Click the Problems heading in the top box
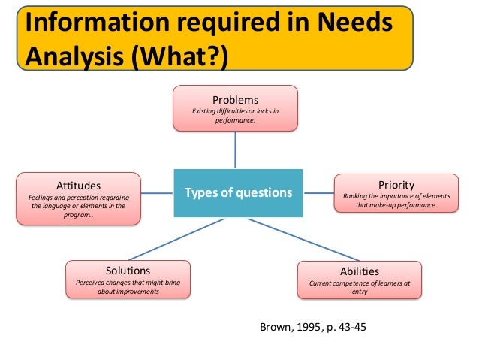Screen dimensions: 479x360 click(236, 100)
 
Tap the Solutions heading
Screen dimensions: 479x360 click(128, 271)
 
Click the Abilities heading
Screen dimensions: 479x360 click(360, 271)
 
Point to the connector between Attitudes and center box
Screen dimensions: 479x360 click(157, 193)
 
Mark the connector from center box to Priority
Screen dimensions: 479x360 click(315, 193)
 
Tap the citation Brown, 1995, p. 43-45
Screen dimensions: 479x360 click(312, 328)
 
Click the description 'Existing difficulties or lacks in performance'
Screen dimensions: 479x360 click(236, 115)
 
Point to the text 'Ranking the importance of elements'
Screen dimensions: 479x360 click(396, 196)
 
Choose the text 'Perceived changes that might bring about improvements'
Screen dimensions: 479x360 click(128, 287)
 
